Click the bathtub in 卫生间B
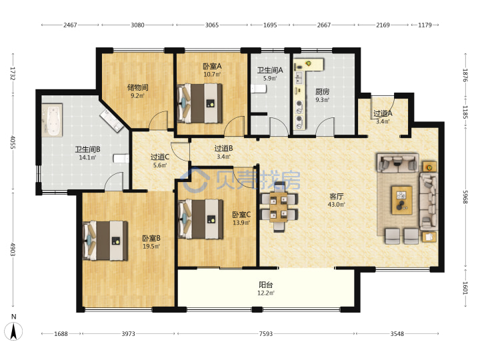(53, 120)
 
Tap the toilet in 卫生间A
(259, 89)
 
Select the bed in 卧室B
(105, 241)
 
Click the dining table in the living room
(279, 206)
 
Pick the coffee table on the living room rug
(402, 200)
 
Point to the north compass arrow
(14, 331)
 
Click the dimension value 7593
(266, 334)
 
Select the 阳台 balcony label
(265, 285)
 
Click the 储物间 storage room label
(137, 87)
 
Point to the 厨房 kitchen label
(323, 91)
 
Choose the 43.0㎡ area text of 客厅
(337, 205)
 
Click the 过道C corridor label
(160, 157)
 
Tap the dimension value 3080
(137, 25)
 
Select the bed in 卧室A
(200, 103)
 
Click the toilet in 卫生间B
(121, 158)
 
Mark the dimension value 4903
(13, 249)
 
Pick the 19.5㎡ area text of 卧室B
(151, 247)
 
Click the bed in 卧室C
(200, 219)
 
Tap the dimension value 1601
(465, 288)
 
